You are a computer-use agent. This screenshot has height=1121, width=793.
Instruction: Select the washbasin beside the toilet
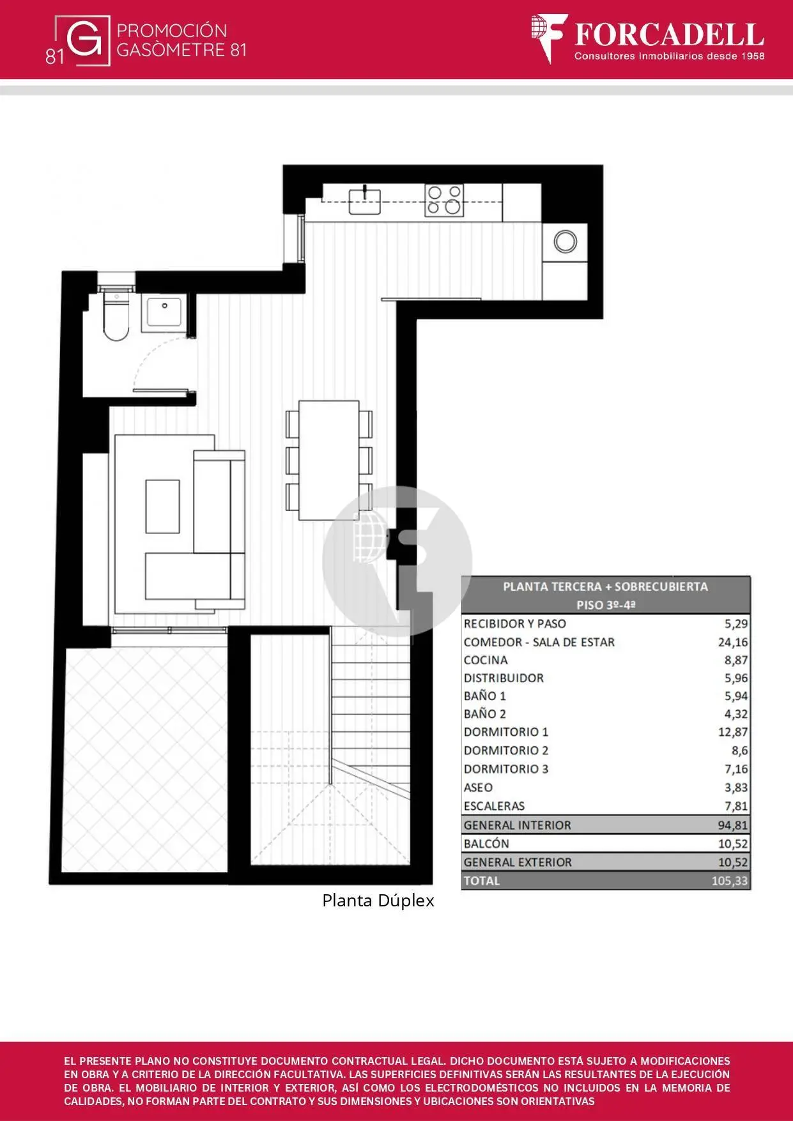(164, 312)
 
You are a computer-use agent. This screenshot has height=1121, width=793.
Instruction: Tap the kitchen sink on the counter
(364, 200)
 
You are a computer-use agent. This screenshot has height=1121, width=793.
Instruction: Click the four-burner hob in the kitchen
(444, 201)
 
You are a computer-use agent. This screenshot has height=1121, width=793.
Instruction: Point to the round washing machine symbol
(566, 241)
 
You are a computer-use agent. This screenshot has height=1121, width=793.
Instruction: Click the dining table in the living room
(329, 460)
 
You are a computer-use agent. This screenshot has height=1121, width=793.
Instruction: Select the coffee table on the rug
(162, 507)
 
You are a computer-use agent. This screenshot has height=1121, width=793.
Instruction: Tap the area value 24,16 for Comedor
(732, 642)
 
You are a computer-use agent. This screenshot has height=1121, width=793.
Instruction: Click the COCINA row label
(486, 660)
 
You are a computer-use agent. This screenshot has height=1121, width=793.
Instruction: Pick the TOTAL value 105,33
(730, 881)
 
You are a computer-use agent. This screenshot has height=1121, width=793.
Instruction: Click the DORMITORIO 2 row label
(506, 751)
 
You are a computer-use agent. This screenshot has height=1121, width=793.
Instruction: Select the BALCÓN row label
(486, 843)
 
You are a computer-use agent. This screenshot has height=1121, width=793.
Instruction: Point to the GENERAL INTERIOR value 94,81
(732, 825)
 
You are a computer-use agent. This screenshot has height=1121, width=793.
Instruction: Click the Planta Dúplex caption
(378, 901)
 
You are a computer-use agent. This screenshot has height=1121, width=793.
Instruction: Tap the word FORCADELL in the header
(669, 34)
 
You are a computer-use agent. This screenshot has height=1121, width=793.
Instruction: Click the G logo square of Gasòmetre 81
(84, 40)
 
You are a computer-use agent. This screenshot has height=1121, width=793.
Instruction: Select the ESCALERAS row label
(494, 806)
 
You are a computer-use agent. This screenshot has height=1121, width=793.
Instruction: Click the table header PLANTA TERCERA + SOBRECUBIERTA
(605, 586)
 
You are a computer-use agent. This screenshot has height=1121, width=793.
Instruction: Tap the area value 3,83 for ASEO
(736, 788)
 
